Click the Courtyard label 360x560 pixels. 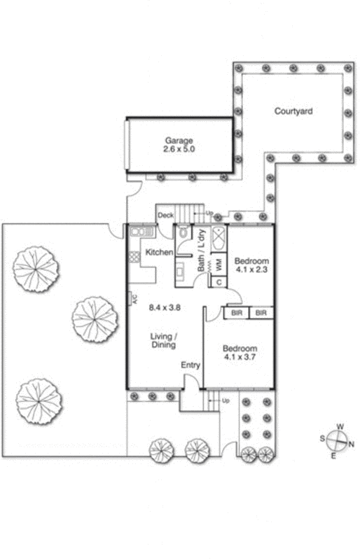(x=293, y=111)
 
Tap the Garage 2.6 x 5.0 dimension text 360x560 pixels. (x=179, y=149)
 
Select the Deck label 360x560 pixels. (x=165, y=215)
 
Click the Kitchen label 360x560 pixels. (x=159, y=252)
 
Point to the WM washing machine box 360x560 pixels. (x=219, y=265)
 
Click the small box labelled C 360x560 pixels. (x=219, y=282)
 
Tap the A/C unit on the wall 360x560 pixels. (x=131, y=298)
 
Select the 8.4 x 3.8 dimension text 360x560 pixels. (x=165, y=307)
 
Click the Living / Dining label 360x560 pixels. (x=163, y=340)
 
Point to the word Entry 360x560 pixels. (x=191, y=365)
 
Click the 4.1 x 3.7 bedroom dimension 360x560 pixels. (x=240, y=357)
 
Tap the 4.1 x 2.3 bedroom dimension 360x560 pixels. (x=251, y=269)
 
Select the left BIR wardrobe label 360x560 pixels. (x=237, y=313)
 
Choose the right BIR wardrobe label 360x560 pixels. (x=261, y=313)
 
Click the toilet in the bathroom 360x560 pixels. (x=184, y=232)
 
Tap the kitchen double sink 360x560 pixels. (x=141, y=232)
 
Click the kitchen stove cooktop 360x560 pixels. (x=134, y=257)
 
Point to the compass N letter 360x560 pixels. (x=351, y=444)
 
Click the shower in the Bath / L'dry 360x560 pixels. (x=218, y=238)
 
